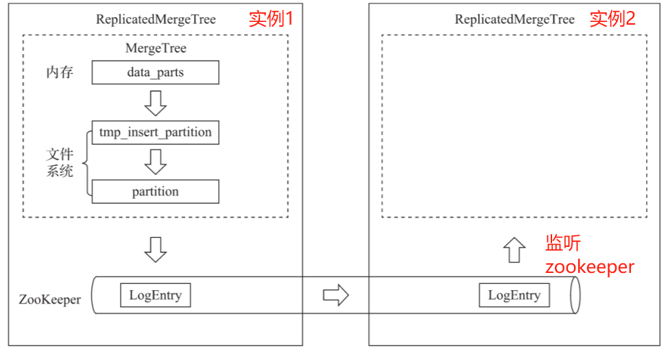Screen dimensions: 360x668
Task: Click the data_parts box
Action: (155, 72)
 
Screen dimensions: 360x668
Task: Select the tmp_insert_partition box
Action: (155, 132)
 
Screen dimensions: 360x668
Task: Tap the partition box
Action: (155, 191)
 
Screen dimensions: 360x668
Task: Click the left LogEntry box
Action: (155, 296)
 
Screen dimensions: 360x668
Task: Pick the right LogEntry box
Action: (514, 296)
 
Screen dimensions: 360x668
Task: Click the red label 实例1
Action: (271, 19)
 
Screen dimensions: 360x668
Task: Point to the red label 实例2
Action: (612, 19)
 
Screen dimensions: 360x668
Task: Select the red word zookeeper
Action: (589, 267)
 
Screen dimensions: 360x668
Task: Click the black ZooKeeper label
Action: (50, 300)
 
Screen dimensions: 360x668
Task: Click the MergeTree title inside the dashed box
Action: (156, 49)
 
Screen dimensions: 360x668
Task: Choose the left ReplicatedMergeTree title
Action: (156, 19)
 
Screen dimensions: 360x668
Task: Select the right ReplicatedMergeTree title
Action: (514, 19)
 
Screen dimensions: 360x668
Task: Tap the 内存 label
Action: (60, 72)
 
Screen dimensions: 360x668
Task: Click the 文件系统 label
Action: (60, 163)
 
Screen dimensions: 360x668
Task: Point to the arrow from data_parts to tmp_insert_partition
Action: (156, 102)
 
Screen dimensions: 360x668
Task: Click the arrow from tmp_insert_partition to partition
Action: (156, 162)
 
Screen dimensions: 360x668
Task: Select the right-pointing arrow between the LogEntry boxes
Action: (335, 296)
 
